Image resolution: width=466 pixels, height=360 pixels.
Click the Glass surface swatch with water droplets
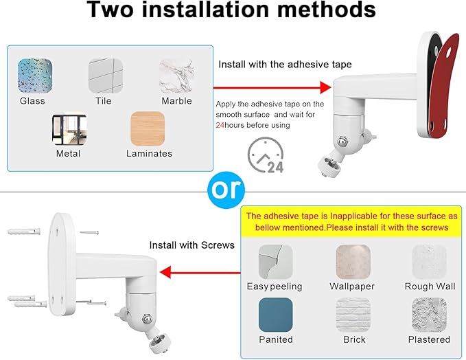point(35,76)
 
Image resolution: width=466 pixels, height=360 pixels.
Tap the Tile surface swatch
point(106,76)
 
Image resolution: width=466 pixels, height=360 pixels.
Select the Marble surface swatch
point(176,76)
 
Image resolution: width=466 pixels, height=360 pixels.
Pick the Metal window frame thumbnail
point(69,128)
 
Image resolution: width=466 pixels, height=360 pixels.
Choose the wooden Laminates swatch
point(148,128)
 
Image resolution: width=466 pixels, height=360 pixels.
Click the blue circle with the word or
point(226,190)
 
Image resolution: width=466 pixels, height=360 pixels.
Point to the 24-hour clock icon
point(266,155)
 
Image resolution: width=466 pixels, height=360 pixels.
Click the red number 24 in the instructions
point(220,125)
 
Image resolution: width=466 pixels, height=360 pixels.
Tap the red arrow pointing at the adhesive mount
point(272,88)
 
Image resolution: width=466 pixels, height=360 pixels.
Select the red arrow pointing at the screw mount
point(200,272)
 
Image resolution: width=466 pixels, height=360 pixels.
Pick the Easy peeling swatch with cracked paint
point(276,262)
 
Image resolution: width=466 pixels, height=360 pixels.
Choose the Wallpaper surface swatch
point(353,262)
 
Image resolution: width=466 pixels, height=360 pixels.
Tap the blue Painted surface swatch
point(276,315)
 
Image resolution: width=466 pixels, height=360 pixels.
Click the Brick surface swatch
point(353,315)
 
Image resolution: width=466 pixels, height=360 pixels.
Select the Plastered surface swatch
point(429,315)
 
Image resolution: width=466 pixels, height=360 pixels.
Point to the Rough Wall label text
point(430,286)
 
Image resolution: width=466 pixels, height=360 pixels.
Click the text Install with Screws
point(191,245)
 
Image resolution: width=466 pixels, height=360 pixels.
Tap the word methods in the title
point(326,10)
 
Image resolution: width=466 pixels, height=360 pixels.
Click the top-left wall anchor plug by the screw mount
point(24,231)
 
